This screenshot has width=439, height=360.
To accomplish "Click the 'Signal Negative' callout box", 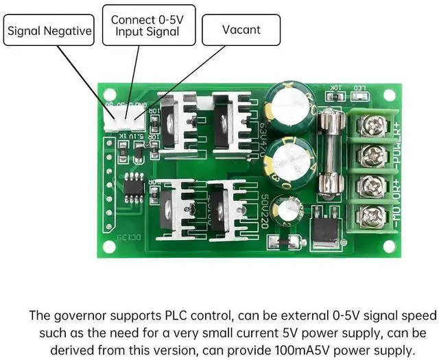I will point(49,30).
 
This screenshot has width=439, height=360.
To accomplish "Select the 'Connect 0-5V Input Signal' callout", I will point(147,25).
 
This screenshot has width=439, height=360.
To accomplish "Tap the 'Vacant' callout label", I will point(241,30).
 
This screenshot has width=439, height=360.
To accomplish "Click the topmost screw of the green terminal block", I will point(375,125).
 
